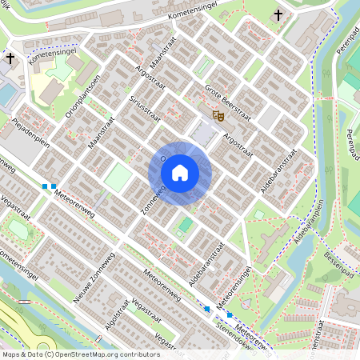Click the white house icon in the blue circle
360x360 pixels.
[180, 173]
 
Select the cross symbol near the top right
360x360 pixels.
[278, 14]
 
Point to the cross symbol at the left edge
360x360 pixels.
[10, 58]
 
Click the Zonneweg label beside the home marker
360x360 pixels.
[153, 198]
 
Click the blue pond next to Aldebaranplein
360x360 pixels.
[258, 214]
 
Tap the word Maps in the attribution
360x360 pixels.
[10, 354]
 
